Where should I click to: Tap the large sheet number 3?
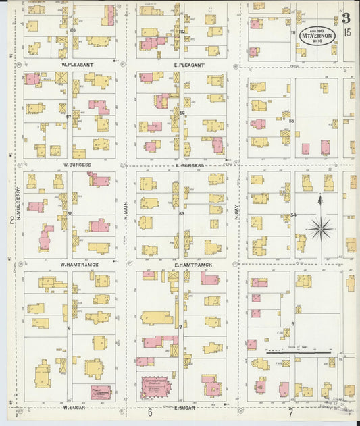coord(346,18)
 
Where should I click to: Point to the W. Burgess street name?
coord(78,164)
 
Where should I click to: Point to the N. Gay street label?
coord(237,213)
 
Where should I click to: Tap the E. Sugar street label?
coord(184,408)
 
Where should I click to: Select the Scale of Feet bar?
coord(298,352)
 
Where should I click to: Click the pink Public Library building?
coord(101,392)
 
